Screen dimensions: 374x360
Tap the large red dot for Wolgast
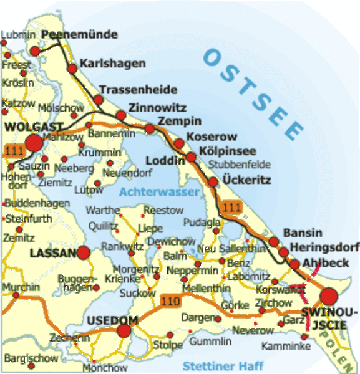tap(34, 143)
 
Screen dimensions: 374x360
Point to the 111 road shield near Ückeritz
tap(233, 207)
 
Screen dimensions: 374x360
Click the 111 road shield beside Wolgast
tap(12, 151)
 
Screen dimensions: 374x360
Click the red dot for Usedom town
tap(125, 331)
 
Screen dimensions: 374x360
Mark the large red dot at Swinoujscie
tap(328, 297)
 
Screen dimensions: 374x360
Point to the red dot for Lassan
tap(84, 253)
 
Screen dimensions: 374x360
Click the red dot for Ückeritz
tap(213, 181)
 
